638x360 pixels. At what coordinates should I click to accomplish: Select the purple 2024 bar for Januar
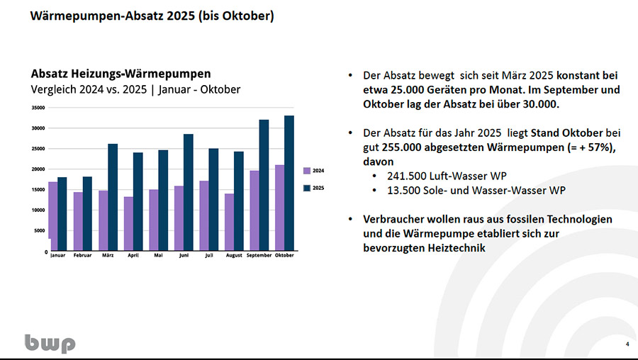pyautogui.click(x=53, y=216)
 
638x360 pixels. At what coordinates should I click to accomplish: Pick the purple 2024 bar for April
pyautogui.click(x=128, y=223)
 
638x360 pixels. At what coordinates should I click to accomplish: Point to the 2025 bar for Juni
pyautogui.click(x=189, y=192)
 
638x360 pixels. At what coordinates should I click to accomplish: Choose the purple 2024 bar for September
pyautogui.click(x=254, y=210)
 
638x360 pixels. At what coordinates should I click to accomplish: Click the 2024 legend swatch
pyautogui.click(x=306, y=171)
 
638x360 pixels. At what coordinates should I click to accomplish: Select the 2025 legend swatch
pyautogui.click(x=306, y=188)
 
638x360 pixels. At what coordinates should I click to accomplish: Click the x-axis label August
pyautogui.click(x=234, y=255)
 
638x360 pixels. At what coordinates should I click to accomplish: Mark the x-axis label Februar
pyautogui.click(x=83, y=255)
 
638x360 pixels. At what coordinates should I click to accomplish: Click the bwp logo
pyautogui.click(x=50, y=344)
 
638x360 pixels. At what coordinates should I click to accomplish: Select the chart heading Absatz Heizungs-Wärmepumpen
pyautogui.click(x=121, y=74)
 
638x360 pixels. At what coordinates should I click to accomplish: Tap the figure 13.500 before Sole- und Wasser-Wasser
pyautogui.click(x=404, y=189)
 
